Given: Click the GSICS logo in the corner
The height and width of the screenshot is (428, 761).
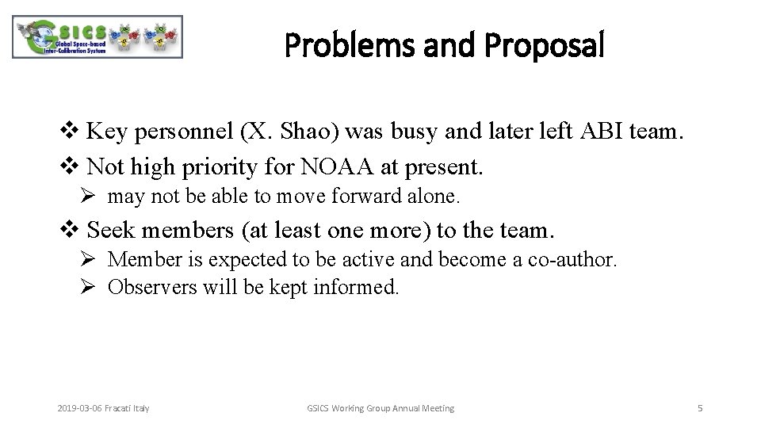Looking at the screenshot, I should (x=98, y=37).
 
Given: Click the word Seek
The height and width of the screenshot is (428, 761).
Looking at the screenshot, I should (x=112, y=230).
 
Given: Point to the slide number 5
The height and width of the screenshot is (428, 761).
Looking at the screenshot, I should (x=699, y=408).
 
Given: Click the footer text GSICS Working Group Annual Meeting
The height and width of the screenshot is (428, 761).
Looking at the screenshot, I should (x=380, y=408).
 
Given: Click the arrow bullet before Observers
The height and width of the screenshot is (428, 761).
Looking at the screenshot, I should (x=88, y=287).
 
